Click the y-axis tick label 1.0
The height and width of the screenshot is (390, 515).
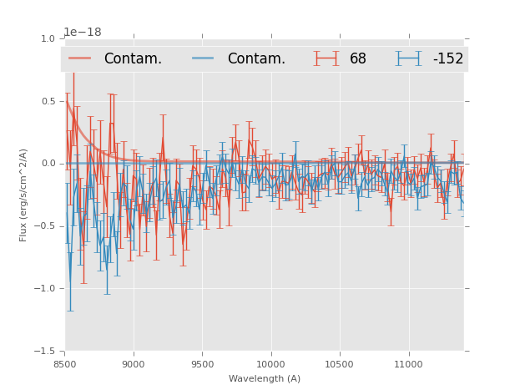48,38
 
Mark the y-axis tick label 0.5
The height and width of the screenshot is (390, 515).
48,101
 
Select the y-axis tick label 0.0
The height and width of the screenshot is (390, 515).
48,164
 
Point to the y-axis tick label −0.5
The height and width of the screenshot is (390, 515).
45,226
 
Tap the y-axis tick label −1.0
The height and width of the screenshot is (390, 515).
45,289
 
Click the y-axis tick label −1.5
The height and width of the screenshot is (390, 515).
45,352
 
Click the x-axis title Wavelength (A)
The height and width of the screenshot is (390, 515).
265,378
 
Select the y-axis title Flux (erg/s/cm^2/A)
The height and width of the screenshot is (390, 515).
24,195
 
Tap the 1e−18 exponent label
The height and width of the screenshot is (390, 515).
83,33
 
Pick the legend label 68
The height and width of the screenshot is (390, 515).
358,59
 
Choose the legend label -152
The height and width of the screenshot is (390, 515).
448,59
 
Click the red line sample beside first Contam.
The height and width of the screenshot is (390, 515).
80,58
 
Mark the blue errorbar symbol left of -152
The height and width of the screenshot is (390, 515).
409,58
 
